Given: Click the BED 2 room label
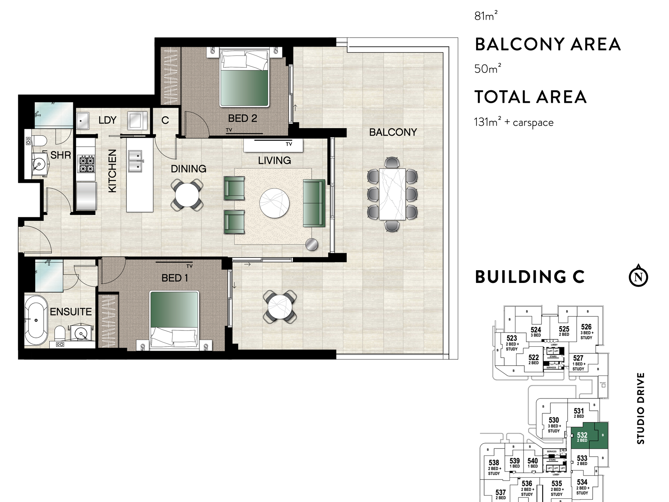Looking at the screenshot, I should point(242,118).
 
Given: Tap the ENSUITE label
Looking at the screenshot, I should point(70,311).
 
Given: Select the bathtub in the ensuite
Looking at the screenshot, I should point(36,321).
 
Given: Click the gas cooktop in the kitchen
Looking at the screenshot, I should point(87,164).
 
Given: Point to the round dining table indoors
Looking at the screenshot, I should point(187,195).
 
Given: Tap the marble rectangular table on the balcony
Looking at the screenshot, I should point(392,194).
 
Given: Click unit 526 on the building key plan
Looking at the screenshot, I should point(586,329).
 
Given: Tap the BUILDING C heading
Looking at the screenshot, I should point(530,277).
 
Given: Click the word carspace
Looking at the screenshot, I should point(533,123).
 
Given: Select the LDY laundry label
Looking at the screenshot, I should point(107,120).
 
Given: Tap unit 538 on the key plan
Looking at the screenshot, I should point(494,465).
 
